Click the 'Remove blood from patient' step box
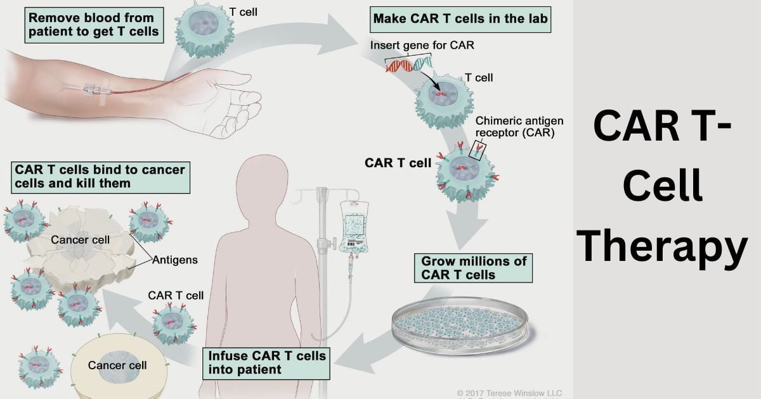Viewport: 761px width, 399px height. tap(94, 25)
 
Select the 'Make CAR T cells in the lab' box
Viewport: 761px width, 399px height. tap(460, 19)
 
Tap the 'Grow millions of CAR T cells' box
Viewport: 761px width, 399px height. tap(472, 268)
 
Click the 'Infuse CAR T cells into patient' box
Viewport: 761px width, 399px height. tap(267, 362)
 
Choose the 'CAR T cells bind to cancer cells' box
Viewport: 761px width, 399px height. tap(100, 176)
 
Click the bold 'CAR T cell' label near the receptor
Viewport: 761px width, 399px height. tap(398, 163)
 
